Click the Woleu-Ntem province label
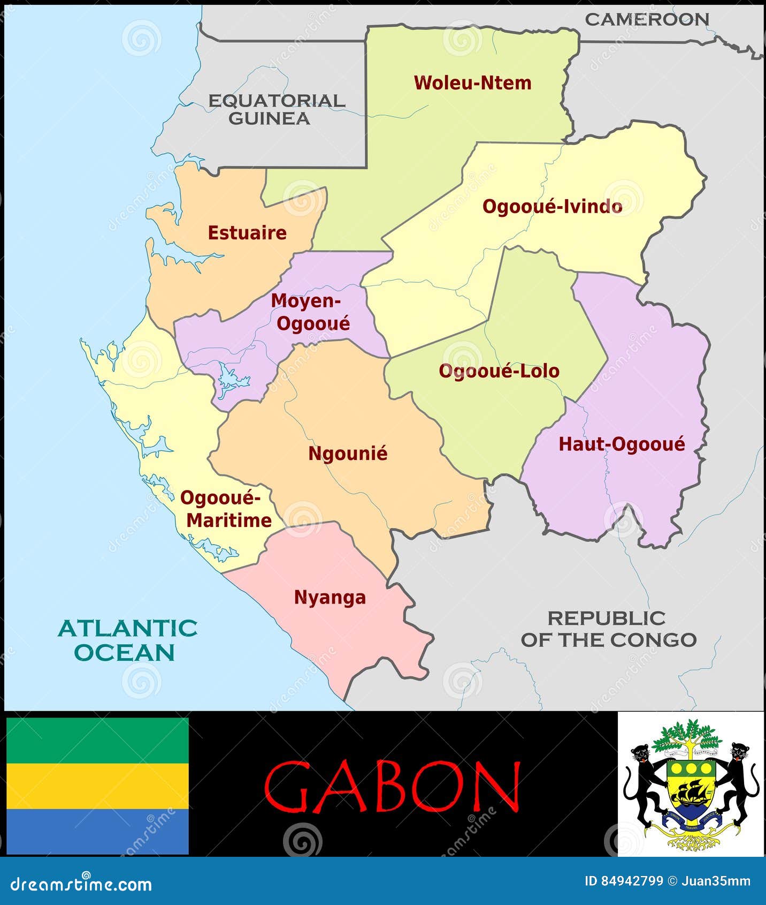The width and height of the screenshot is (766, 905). [472, 83]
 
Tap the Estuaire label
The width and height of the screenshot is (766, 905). [247, 233]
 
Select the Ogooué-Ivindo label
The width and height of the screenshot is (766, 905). [552, 207]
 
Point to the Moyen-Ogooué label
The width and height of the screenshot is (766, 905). [310, 312]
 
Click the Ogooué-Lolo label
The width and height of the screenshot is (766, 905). [499, 371]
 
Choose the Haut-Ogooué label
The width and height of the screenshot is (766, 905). [622, 444]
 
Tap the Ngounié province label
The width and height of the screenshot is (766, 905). [348, 454]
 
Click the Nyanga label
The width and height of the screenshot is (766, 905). [330, 597]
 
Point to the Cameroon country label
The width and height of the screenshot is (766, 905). [647, 20]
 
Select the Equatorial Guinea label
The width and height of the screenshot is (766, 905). [276, 110]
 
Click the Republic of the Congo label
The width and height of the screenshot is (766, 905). [608, 629]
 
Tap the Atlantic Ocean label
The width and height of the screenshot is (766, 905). [127, 640]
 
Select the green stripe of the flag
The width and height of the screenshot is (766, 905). [97, 740]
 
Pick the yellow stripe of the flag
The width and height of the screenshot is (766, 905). [97, 786]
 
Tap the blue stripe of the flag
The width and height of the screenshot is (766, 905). [97, 831]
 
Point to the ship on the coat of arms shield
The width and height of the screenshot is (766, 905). [692, 793]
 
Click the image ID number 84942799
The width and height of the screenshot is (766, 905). [631, 881]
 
